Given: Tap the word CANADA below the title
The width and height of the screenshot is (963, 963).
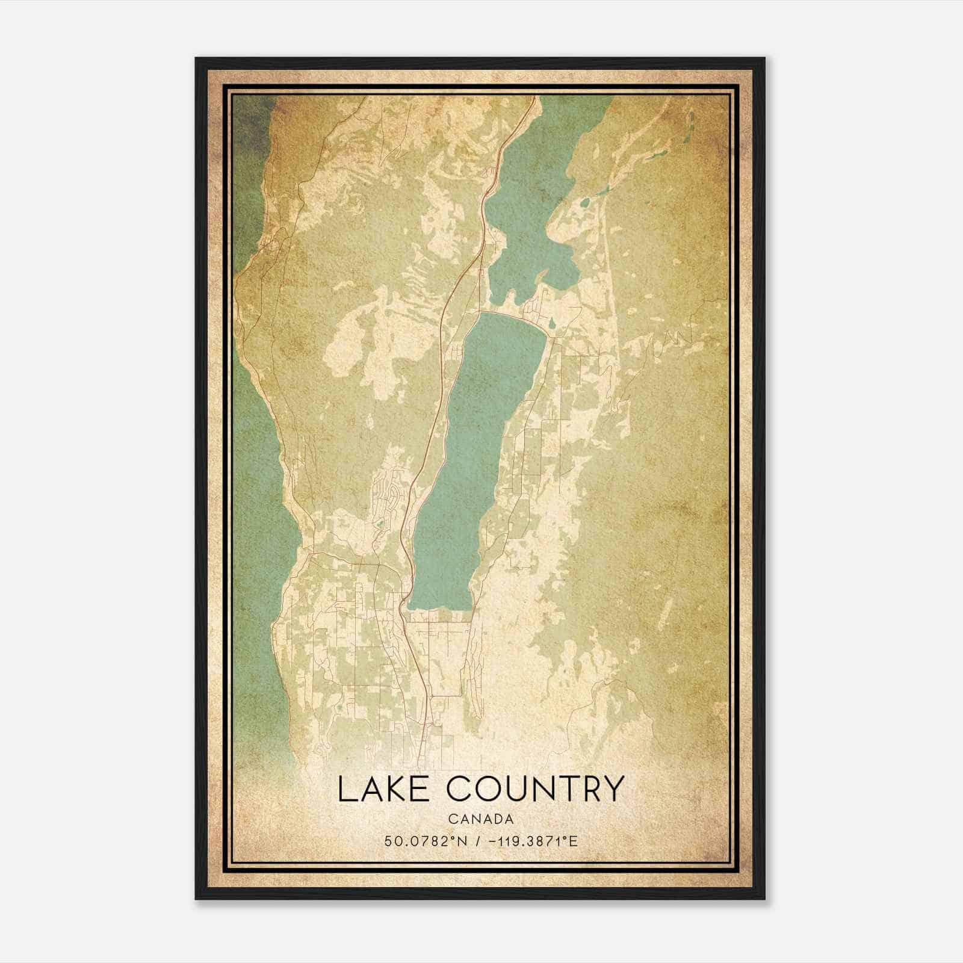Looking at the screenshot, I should click(x=481, y=819).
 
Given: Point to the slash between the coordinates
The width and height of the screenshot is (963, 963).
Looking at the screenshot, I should click(x=477, y=841).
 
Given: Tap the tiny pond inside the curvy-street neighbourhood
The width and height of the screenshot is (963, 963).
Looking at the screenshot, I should click(x=379, y=524).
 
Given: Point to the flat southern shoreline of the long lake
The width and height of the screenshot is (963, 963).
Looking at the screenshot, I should click(x=439, y=610).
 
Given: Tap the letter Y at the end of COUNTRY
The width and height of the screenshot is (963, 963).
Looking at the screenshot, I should click(x=611, y=789).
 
